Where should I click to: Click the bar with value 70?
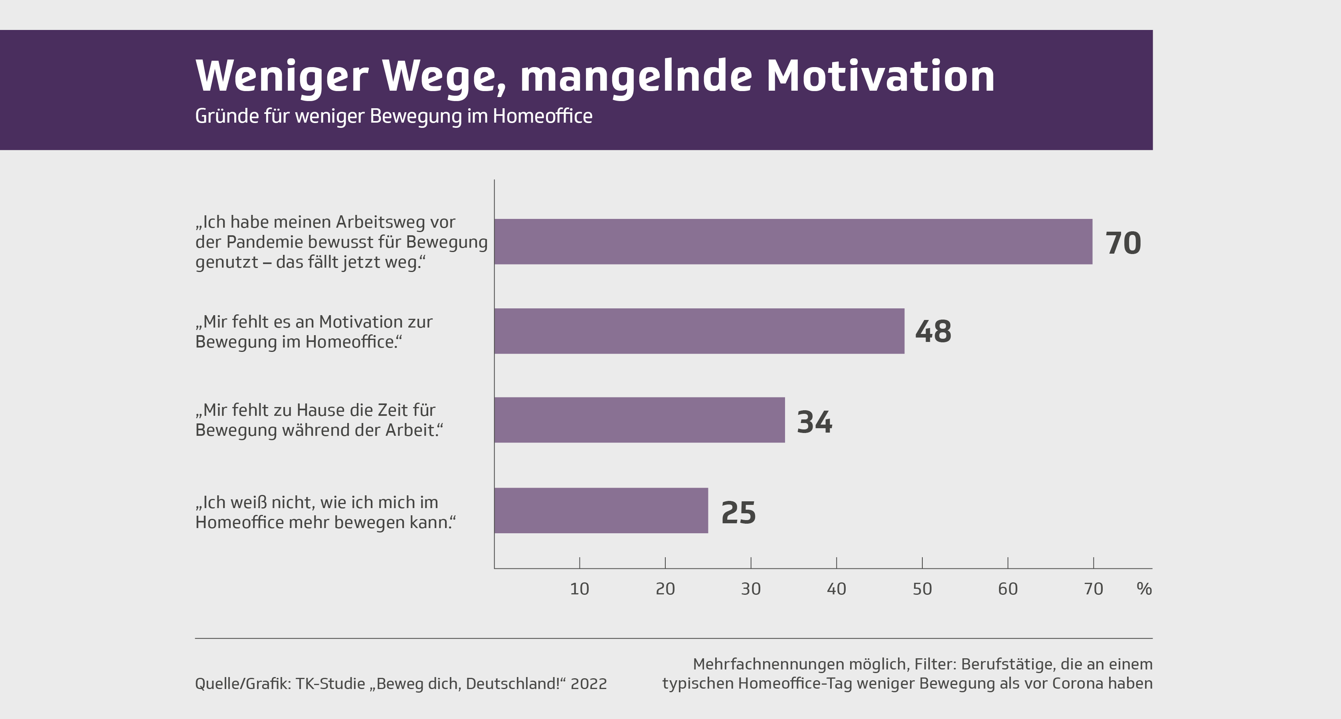click(x=793, y=242)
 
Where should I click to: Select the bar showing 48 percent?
click(x=699, y=332)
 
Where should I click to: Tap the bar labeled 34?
click(x=639, y=420)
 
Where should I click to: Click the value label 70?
click(x=1123, y=243)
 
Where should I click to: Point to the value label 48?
click(x=933, y=332)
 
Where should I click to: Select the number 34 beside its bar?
click(x=814, y=422)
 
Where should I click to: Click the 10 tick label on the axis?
click(x=580, y=589)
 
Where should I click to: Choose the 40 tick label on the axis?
click(x=837, y=589)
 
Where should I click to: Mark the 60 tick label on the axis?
click(x=1008, y=589)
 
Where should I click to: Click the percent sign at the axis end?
click(x=1144, y=589)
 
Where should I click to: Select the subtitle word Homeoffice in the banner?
click(x=542, y=116)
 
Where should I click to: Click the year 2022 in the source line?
click(x=589, y=683)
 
